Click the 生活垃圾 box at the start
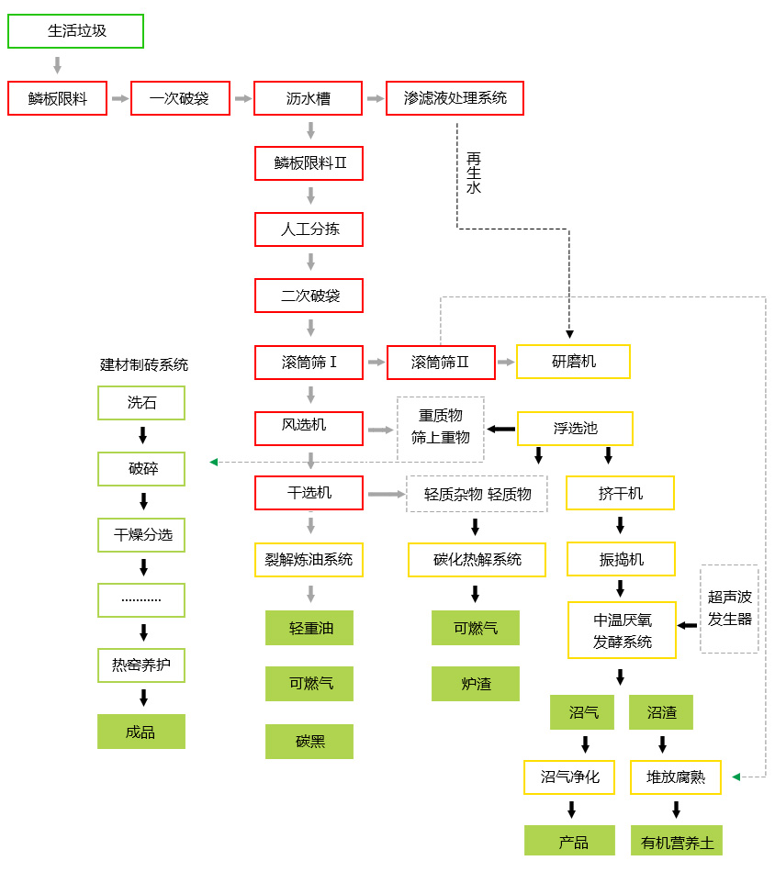(76, 31)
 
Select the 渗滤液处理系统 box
(455, 98)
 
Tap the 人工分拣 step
(309, 229)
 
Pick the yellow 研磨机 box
(573, 362)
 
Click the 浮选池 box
(575, 429)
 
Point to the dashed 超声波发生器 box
(729, 609)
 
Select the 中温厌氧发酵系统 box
(622, 631)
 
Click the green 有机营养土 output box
(676, 842)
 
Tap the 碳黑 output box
(309, 742)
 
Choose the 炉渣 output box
(476, 684)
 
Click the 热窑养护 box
(141, 665)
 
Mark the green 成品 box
(141, 732)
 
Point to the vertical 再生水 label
(474, 173)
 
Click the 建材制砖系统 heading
(144, 364)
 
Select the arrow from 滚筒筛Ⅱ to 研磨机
(506, 363)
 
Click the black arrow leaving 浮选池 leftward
(500, 429)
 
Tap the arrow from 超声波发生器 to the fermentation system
(687, 626)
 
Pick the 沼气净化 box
(569, 777)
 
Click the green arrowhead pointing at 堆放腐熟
(736, 777)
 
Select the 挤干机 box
(620, 493)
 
